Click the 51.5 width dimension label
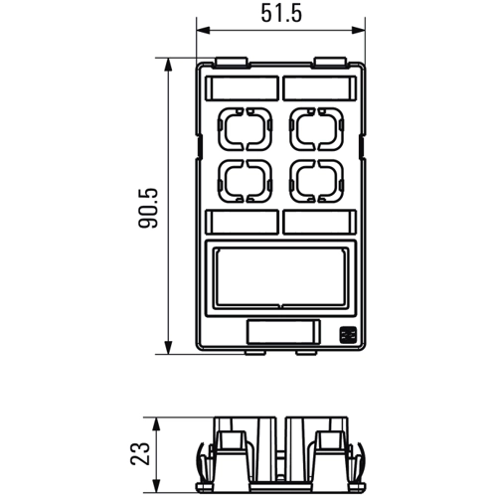pyautogui.click(x=281, y=14)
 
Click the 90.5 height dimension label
pyautogui.click(x=148, y=208)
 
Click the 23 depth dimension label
pyautogui.click(x=140, y=453)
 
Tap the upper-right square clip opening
pyautogui.click(x=292, y=129)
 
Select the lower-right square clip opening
pyautogui.click(x=292, y=181)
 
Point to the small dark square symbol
pyautogui.click(x=348, y=335)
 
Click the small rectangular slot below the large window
pyautogui.click(x=283, y=331)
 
